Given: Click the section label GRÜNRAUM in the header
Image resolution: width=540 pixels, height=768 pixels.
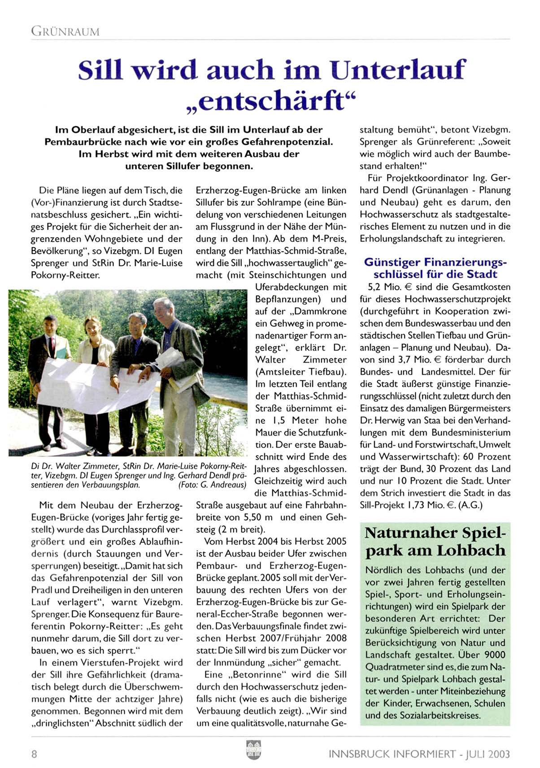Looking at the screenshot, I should click(x=65, y=32).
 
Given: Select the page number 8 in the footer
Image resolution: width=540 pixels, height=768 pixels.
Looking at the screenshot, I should click(x=34, y=754).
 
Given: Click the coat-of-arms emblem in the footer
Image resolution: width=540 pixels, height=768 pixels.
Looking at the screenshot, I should click(x=253, y=750).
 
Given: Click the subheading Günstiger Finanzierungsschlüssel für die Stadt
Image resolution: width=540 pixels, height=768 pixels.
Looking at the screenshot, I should click(x=435, y=268).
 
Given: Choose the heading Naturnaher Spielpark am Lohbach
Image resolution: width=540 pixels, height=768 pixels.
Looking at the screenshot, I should click(x=435, y=542).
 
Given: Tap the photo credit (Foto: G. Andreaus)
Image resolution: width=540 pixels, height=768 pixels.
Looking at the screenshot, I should click(x=212, y=485).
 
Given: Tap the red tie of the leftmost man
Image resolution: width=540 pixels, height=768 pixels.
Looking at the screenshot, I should click(x=52, y=345).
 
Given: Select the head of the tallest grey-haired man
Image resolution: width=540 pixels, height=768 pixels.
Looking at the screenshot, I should click(x=163, y=310).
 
